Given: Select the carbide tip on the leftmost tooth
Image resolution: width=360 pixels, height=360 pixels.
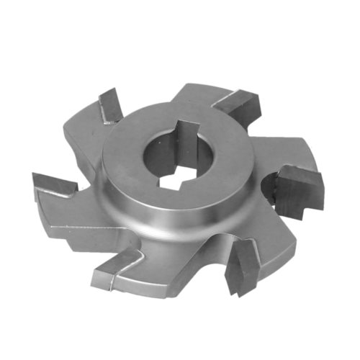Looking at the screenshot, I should (x=55, y=186).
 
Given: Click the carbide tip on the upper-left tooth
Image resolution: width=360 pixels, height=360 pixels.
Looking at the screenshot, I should (x=110, y=105).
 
